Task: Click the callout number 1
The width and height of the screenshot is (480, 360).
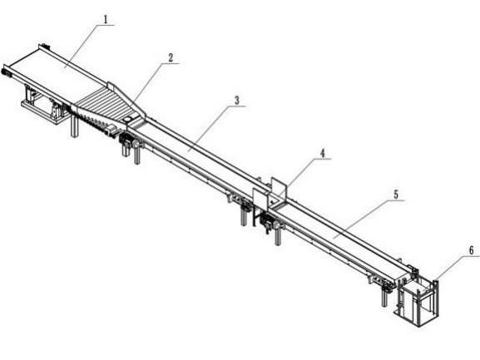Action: click(106, 20)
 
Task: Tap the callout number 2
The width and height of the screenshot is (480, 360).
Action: click(171, 57)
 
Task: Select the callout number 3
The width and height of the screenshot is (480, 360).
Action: click(236, 101)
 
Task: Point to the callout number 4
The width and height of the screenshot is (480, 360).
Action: click(323, 153)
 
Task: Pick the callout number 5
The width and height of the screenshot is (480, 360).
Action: click(396, 195)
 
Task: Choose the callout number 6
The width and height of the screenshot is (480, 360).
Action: click(471, 250)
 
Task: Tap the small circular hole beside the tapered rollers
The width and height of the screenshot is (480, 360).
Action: click(128, 118)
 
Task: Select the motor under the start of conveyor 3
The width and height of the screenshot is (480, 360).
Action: click(126, 141)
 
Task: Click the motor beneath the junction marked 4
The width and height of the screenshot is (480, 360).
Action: click(266, 222)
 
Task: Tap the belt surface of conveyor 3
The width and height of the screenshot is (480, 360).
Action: click(199, 153)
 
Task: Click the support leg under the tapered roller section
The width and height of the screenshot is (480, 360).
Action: click(74, 126)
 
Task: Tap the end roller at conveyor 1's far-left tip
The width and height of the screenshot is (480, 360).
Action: click(6, 72)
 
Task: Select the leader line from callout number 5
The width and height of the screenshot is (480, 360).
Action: click(360, 219)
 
